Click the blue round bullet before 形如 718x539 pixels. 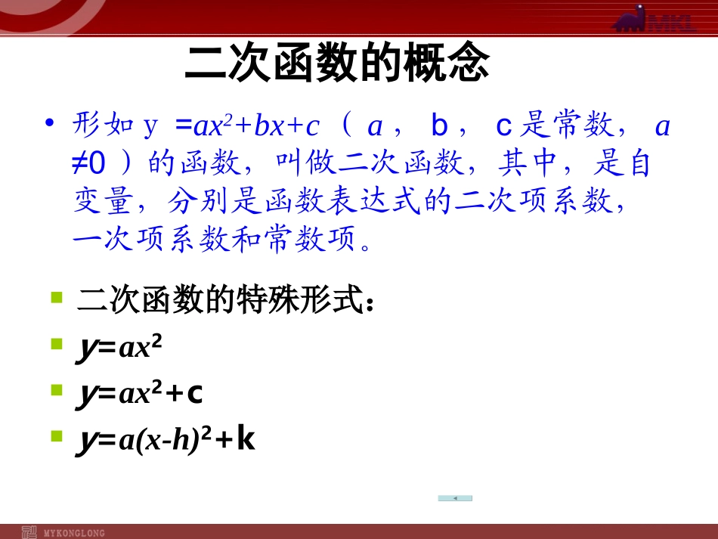pos(50,123)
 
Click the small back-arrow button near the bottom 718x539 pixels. pos(455,498)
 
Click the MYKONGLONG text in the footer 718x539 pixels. pos(74,533)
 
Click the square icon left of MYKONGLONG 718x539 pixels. pos(29,532)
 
